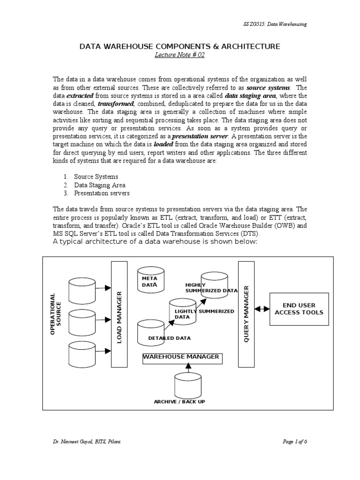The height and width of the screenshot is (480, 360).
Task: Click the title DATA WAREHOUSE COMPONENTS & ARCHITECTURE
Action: click(180, 46)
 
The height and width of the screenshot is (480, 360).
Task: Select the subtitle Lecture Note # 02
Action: click(180, 55)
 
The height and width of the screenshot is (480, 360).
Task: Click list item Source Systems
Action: click(96, 177)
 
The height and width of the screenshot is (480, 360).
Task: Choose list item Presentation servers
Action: click(102, 193)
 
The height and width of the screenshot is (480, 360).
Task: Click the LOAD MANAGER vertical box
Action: click(119, 314)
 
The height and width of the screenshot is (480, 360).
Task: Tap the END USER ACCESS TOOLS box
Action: click(299, 308)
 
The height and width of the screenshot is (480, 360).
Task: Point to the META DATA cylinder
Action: click(150, 282)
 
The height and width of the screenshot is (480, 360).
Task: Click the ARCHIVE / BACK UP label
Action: click(179, 402)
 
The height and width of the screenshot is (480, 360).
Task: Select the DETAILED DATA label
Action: click(169, 338)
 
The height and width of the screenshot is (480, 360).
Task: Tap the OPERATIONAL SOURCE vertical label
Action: click(55, 314)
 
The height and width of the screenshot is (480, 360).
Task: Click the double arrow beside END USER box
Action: click(262, 309)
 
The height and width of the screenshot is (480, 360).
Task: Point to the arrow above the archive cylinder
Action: click(187, 368)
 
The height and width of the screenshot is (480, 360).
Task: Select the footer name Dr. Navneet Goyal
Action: click(70, 442)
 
